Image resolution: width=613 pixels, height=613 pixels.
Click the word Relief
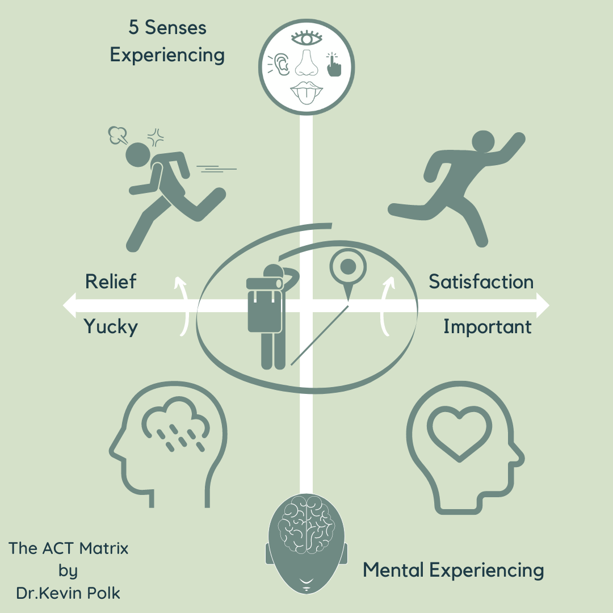[111, 282]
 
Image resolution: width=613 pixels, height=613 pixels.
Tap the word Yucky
[111, 327]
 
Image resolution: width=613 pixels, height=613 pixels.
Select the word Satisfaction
[481, 282]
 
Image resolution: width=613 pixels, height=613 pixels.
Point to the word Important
[487, 327]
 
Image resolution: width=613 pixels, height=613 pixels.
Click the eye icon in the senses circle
[306, 39]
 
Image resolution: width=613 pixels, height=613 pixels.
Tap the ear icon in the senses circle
[282, 65]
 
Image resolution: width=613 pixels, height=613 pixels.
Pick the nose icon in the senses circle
[306, 62]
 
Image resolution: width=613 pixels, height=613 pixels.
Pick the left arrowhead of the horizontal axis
[69, 305]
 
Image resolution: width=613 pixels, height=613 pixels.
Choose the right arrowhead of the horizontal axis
[543, 305]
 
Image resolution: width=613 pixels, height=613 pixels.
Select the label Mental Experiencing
[453, 570]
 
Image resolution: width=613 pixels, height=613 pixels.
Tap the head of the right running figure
[484, 142]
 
